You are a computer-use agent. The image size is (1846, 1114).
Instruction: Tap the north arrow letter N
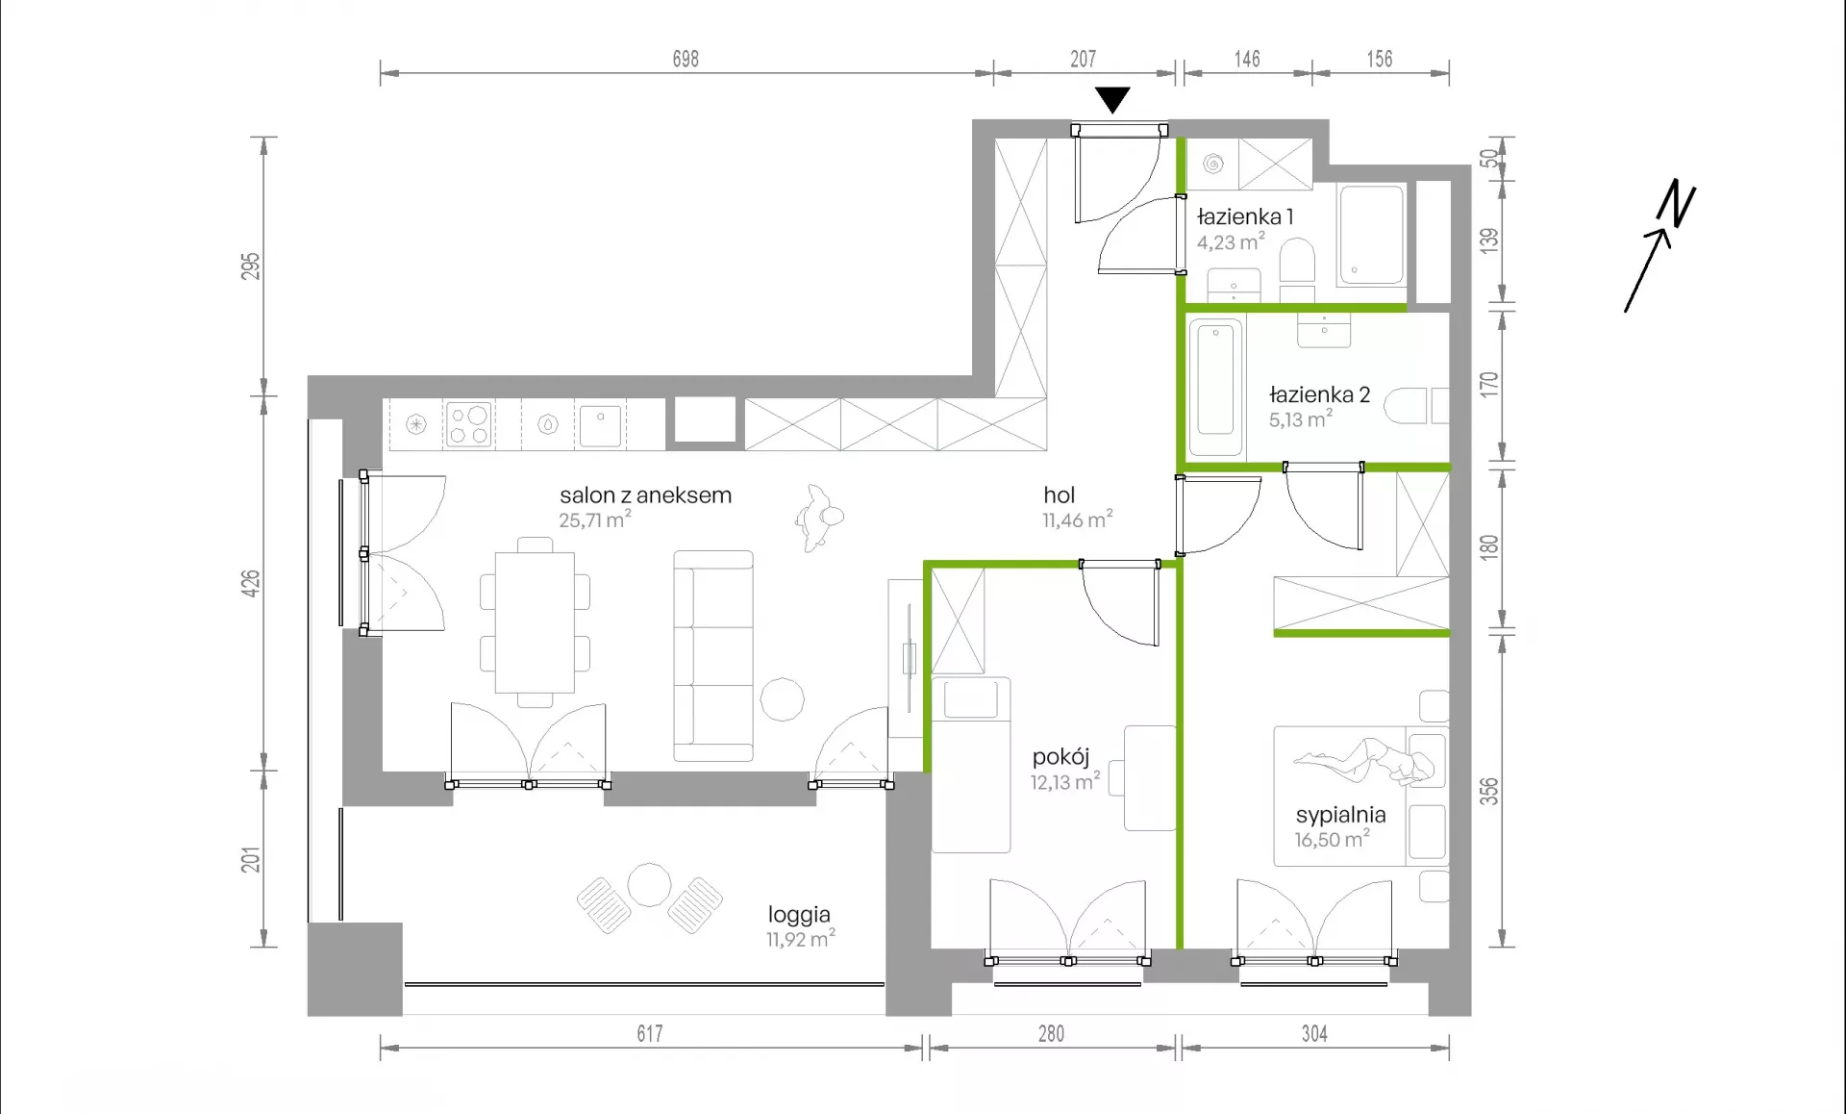click(1677, 203)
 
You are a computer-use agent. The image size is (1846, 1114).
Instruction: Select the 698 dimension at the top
click(686, 60)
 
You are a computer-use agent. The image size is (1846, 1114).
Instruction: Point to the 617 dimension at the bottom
click(650, 1034)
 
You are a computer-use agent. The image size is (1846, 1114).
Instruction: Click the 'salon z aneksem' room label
click(645, 495)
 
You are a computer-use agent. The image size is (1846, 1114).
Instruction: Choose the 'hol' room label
click(1059, 495)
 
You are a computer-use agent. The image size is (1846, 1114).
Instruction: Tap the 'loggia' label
click(799, 915)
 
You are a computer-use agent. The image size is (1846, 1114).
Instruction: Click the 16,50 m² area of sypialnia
click(1332, 840)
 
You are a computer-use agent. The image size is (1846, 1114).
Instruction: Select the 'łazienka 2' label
click(1319, 394)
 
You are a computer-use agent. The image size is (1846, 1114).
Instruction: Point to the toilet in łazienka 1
click(1297, 261)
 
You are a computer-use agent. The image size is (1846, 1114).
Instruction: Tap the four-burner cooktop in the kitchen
click(469, 424)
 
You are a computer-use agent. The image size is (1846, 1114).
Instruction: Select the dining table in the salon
click(535, 622)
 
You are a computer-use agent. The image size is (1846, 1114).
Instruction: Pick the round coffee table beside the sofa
click(782, 699)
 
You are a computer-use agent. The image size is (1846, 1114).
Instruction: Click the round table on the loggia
click(649, 885)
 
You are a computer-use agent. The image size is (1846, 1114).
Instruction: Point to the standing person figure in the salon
click(819, 518)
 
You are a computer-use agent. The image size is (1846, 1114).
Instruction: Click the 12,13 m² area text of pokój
click(1065, 782)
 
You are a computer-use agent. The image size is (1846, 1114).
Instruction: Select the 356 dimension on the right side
click(1488, 792)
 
